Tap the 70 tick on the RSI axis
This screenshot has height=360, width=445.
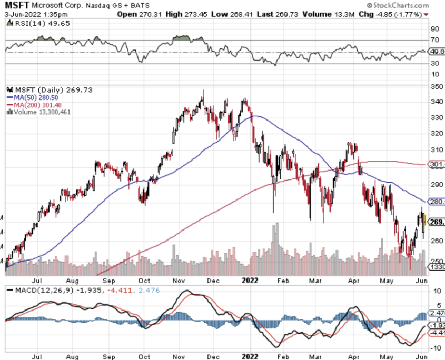[435, 39]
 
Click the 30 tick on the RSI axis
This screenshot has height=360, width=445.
[435, 63]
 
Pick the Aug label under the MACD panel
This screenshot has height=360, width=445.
[74, 356]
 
